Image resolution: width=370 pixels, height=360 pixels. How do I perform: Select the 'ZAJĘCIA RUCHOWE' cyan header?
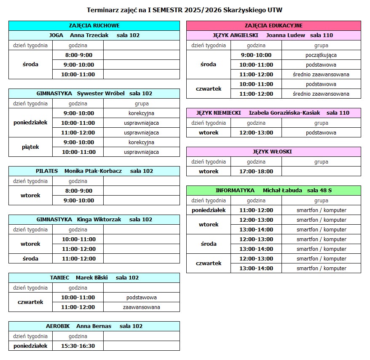pos(94,26)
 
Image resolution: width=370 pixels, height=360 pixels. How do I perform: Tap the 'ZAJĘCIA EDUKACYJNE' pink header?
pos(273,26)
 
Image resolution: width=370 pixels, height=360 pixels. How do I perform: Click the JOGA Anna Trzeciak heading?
pos(94,35)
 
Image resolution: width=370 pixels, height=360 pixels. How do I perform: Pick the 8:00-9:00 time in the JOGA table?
pos(78,55)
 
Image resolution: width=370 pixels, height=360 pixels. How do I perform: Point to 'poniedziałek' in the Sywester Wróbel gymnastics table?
pos(30,123)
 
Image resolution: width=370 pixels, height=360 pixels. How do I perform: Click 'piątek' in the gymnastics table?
pos(30,147)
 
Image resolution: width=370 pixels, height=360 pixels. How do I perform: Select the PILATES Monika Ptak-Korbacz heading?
pos(94,171)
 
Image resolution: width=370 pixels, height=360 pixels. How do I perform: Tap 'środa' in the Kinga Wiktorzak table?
pos(30,258)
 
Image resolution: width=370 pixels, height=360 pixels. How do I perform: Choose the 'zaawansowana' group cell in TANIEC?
pos(141,307)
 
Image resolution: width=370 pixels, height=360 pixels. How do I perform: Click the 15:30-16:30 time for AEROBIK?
pos(78,346)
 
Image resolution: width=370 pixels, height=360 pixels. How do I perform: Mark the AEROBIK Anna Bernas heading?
pos(94,326)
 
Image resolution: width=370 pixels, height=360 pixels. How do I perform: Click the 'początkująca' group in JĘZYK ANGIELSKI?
pos(321,55)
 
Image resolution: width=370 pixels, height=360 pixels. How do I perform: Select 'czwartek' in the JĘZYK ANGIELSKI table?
pos(209,89)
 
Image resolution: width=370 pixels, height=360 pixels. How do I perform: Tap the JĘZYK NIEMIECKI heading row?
pos(273,113)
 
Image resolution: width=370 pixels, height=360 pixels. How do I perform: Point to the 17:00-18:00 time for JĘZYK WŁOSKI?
pos(256,171)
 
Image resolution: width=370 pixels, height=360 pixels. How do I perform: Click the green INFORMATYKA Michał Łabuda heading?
pos(273,191)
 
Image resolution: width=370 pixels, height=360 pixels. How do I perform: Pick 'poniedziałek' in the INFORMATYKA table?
pos(209,210)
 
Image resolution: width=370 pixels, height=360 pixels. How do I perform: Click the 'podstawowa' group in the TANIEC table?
pos(141,297)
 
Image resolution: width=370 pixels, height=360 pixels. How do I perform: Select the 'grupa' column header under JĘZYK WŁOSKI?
pos(321,161)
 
